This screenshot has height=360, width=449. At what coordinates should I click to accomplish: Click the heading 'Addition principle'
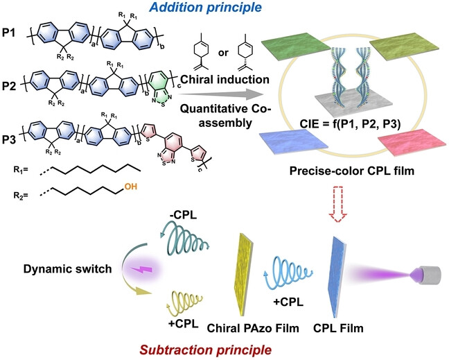click(x=206, y=9)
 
